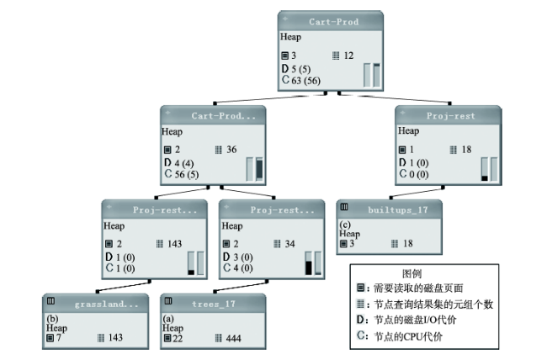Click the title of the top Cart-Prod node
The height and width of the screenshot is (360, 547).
(x=333, y=22)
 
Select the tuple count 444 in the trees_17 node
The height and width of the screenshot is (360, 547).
(x=233, y=338)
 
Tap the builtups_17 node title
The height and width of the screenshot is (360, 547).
(x=398, y=210)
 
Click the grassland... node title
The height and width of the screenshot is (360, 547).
(x=106, y=304)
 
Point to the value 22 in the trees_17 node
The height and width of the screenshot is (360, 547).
(x=178, y=338)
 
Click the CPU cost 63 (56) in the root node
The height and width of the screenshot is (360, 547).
(x=306, y=81)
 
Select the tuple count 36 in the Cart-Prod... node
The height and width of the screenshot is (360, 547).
(x=231, y=150)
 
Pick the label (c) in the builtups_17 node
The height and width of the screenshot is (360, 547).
(x=345, y=225)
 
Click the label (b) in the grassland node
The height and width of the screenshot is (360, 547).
(x=52, y=319)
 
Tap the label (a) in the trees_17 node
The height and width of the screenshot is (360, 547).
(x=168, y=319)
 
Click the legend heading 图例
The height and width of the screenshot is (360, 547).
(x=412, y=273)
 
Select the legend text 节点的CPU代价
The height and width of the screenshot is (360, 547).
(x=408, y=336)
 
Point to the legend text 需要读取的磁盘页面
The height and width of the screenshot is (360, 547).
(x=418, y=289)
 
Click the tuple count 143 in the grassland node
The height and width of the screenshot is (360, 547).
(x=115, y=337)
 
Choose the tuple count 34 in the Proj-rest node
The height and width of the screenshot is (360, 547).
(x=289, y=244)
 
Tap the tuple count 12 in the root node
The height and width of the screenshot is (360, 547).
(x=348, y=56)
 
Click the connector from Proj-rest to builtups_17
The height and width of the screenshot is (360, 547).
(x=417, y=193)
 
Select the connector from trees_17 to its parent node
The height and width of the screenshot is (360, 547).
(x=241, y=286)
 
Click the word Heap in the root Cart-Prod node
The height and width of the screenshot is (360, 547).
(x=290, y=37)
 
